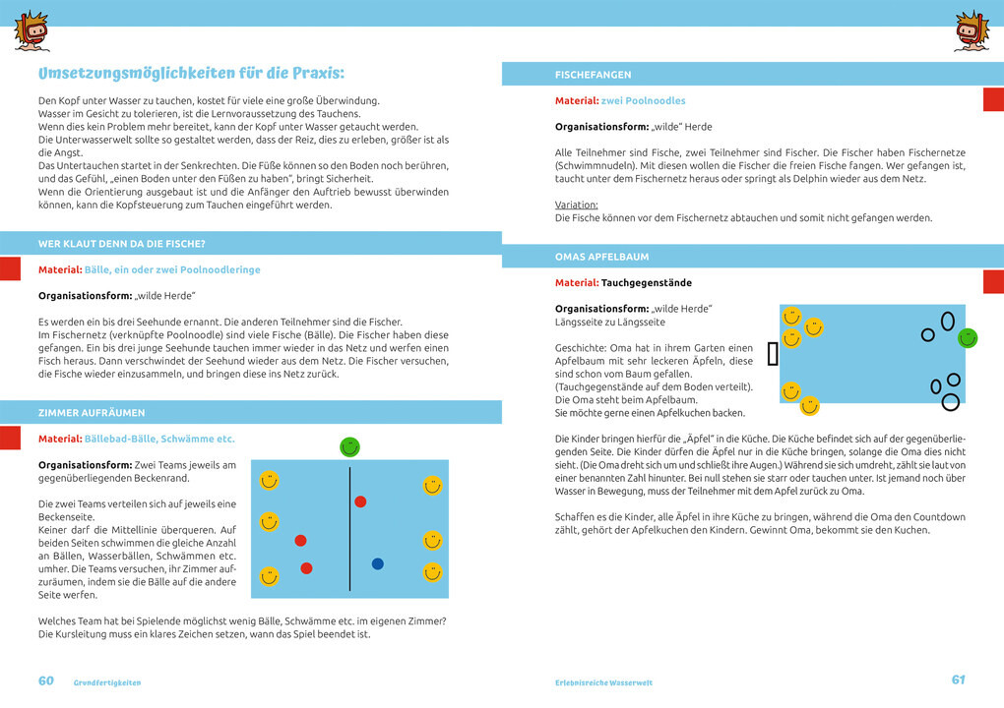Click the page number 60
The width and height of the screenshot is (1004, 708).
coord(46,680)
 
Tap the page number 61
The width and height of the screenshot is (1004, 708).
coord(958,679)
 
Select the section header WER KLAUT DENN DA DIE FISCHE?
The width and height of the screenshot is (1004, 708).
coord(122,243)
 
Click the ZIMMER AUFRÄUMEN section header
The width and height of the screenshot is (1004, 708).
coord(92,413)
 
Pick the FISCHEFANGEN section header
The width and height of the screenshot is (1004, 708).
coord(594,75)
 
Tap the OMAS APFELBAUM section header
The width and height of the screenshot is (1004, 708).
coord(602,257)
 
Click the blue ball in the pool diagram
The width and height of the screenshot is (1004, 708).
coord(377,563)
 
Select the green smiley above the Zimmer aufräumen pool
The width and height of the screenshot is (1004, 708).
coord(349,446)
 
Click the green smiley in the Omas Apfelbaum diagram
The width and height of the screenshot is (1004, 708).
coord(968,338)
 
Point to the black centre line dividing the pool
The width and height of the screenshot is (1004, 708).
coord(350,529)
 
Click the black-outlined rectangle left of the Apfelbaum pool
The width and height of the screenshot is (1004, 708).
coord(773,354)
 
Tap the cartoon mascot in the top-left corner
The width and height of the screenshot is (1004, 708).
coord(31,30)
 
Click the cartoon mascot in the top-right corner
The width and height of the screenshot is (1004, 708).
coord(972,30)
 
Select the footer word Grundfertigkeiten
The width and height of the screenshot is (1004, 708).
coord(107,682)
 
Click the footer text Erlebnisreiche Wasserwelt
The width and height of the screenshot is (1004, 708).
coord(603,682)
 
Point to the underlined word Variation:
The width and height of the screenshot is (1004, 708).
coord(577,205)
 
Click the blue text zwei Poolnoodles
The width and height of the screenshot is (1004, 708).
coord(644,101)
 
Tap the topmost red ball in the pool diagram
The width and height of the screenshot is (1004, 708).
coord(360,501)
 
